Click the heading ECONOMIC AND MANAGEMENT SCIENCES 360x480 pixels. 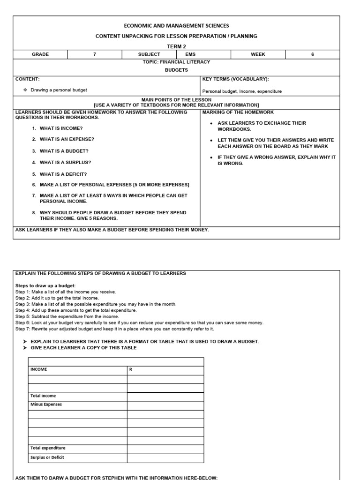click(x=176, y=26)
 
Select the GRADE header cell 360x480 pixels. click(x=40, y=54)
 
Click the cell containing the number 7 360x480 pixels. click(x=95, y=54)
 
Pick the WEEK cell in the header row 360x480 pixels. click(x=258, y=54)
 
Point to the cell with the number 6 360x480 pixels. click(x=313, y=54)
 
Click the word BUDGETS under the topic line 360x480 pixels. click(x=176, y=69)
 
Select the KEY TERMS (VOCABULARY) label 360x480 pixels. click(x=235, y=79)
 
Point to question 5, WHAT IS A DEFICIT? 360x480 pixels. click(x=63, y=174)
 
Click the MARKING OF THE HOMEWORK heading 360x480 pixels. click(x=238, y=112)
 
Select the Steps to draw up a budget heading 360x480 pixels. click(x=45, y=286)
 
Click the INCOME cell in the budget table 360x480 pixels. click(x=39, y=369)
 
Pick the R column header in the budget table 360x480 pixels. click(x=131, y=369)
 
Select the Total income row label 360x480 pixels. click(x=43, y=396)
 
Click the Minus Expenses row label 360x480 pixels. click(x=46, y=404)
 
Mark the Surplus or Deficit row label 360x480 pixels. click(x=47, y=457)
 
